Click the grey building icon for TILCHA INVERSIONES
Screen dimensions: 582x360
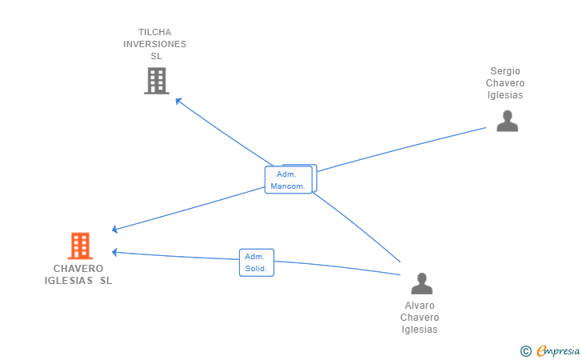(x=157, y=81)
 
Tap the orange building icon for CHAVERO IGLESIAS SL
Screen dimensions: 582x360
(x=80, y=246)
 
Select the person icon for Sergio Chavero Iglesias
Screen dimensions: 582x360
(x=507, y=121)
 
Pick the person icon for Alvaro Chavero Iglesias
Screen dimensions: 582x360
(x=421, y=283)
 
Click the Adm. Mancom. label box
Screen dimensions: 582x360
(x=289, y=180)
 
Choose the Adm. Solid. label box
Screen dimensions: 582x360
(x=257, y=262)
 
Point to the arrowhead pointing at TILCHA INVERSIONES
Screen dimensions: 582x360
(x=178, y=101)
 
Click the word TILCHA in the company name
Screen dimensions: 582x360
(x=155, y=32)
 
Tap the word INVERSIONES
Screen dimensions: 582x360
(x=155, y=44)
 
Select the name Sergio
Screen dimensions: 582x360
(x=505, y=71)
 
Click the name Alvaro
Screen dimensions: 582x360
(x=420, y=306)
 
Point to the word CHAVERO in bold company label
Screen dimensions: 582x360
(x=78, y=269)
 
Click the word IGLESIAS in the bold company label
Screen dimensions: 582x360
(x=69, y=281)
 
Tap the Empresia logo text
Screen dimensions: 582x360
(x=558, y=350)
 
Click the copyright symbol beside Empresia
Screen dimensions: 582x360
(x=525, y=351)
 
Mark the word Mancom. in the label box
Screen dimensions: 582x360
(x=288, y=186)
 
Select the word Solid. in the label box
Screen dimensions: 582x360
(x=256, y=269)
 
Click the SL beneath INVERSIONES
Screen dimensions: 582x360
(x=156, y=56)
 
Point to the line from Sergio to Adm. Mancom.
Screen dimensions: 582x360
(x=401, y=150)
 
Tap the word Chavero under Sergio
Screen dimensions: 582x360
(x=505, y=83)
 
